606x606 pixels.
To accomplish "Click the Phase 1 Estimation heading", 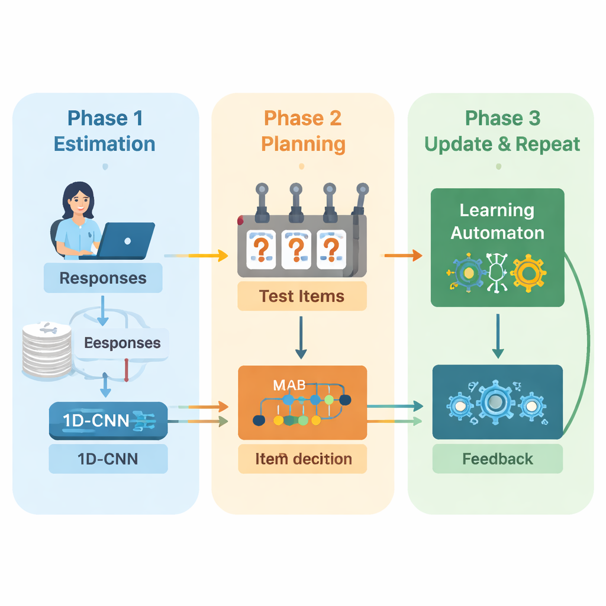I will [x=105, y=131].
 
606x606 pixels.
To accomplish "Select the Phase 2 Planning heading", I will [x=302, y=131].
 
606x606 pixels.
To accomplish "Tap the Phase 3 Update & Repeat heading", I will [x=502, y=131].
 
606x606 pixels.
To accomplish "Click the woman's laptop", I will [x=127, y=240].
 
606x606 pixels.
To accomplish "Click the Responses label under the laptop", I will [x=103, y=278].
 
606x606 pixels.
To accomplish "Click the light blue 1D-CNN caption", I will [x=108, y=459].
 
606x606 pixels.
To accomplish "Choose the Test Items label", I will [x=302, y=296].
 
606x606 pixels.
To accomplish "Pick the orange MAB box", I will [x=302, y=402].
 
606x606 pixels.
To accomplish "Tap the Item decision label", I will [x=303, y=459].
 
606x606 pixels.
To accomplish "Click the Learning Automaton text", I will [x=497, y=221].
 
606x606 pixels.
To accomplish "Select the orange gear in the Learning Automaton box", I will [x=527, y=273].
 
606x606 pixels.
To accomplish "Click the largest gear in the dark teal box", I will [x=496, y=403].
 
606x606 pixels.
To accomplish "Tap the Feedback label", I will [x=498, y=459].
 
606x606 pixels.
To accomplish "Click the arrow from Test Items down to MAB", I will [x=301, y=337].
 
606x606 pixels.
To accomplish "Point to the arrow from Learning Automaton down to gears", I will [x=498, y=336].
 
